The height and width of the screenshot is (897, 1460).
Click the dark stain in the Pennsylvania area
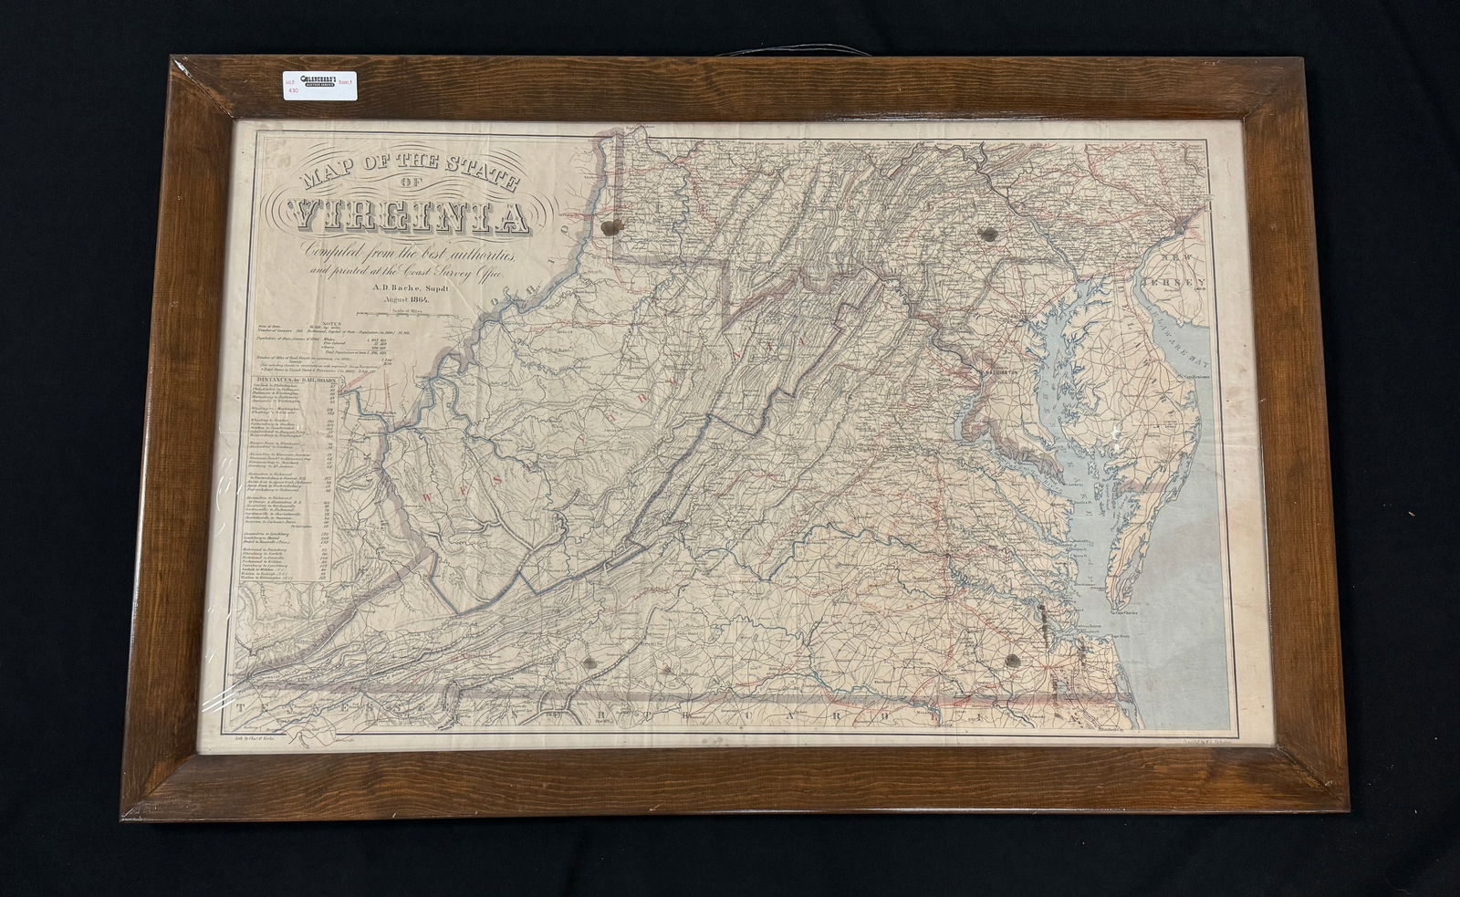tap(985, 234)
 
